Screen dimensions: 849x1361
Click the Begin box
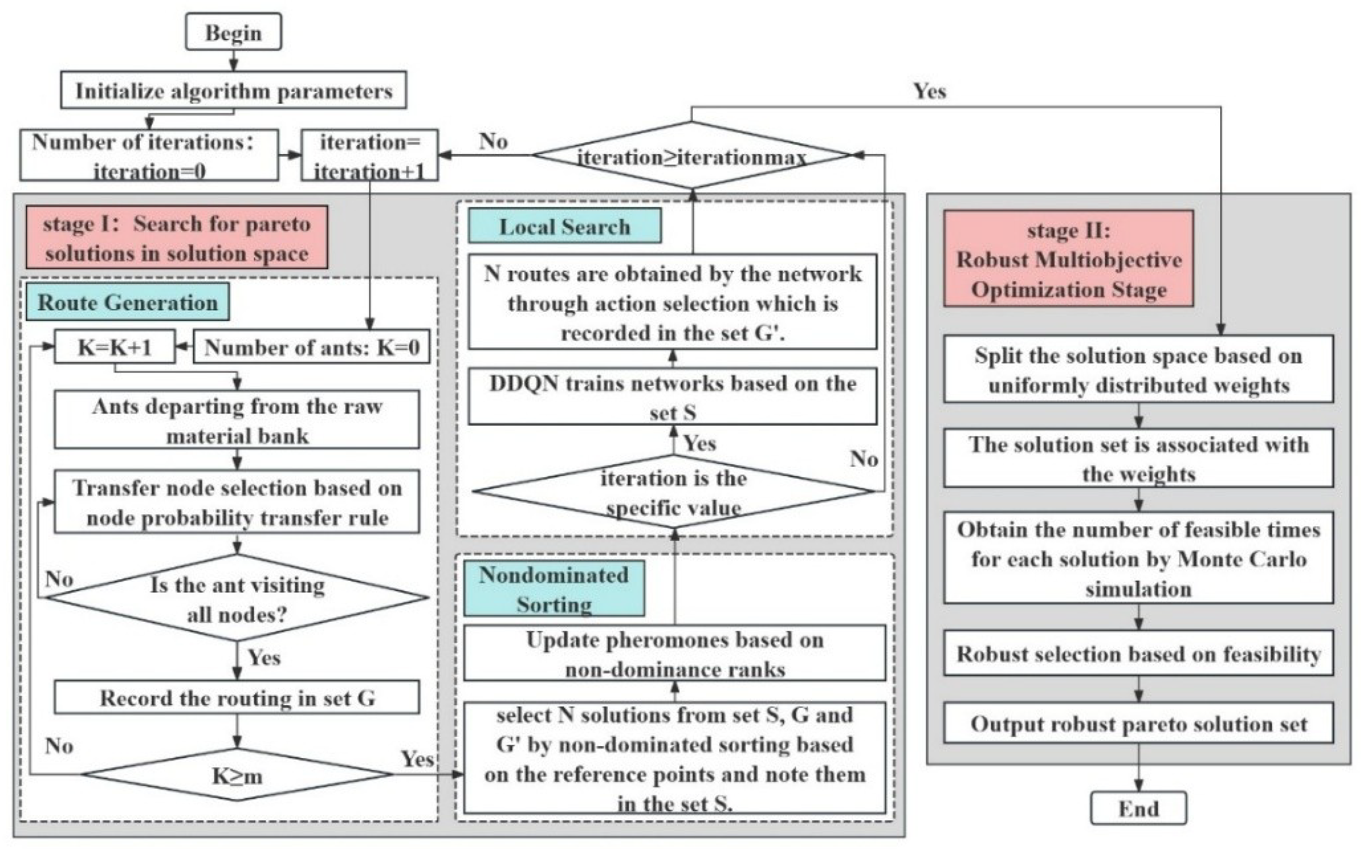(x=233, y=32)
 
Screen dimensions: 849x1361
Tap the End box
(x=1138, y=808)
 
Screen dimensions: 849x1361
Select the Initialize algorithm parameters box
(x=233, y=90)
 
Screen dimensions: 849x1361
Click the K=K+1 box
(x=114, y=347)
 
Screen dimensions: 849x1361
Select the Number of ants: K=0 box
(x=312, y=347)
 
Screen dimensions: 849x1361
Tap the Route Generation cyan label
(x=127, y=302)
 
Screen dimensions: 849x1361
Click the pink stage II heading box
(x=1068, y=259)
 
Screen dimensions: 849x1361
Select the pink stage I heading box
(x=177, y=238)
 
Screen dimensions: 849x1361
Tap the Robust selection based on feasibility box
(x=1138, y=653)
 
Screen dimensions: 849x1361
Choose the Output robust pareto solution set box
(x=1138, y=724)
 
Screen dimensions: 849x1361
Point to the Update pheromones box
(x=674, y=653)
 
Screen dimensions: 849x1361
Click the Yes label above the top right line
(x=929, y=91)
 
